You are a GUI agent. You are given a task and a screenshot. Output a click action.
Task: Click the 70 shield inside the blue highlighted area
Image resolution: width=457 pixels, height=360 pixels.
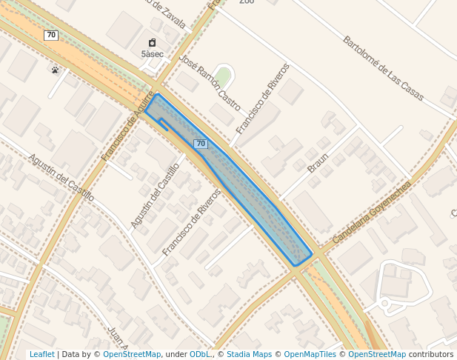[201, 143]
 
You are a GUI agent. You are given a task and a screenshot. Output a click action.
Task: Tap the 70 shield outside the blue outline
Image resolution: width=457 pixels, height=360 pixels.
[50, 35]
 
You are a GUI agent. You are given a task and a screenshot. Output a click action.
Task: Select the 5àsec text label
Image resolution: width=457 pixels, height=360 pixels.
[152, 54]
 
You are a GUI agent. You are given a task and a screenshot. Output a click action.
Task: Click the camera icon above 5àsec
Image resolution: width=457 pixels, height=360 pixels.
[152, 43]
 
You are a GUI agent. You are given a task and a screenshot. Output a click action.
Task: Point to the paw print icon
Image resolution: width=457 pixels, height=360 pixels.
[55, 70]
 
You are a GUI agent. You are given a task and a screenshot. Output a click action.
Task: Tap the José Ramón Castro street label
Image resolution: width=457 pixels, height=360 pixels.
[210, 81]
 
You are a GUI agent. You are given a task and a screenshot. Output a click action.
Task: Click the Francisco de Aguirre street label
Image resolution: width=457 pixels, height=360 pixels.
[128, 126]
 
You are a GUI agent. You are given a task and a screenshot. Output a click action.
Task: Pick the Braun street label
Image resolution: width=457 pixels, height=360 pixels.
[318, 163]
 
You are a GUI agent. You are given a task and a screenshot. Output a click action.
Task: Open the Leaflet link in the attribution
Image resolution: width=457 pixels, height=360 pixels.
[41, 355]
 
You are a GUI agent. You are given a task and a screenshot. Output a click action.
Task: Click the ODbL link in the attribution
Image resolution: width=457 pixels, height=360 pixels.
[200, 355]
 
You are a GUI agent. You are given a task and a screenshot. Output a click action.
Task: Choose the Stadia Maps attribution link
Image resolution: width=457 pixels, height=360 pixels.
[249, 355]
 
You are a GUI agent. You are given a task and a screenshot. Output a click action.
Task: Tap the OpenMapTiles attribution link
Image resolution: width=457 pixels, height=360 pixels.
[310, 355]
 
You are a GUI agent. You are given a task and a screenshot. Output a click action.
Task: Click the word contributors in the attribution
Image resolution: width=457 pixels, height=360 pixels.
[431, 355]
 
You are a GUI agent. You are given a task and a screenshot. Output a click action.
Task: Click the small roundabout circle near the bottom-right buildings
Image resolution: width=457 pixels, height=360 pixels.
[384, 303]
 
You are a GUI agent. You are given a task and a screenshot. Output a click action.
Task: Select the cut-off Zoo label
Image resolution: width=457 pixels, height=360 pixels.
[247, 2]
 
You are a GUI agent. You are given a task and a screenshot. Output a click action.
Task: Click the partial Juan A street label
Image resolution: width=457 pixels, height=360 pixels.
[118, 339]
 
